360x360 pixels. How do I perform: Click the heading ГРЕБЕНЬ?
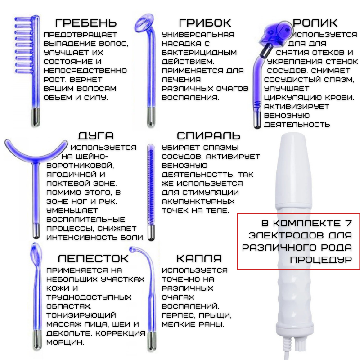pos(86,23)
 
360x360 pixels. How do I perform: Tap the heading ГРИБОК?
pos(205,23)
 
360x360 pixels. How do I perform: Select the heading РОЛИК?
pos(315,23)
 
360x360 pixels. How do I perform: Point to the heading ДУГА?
pos(95,136)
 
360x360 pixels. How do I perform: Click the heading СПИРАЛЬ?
pos(208,136)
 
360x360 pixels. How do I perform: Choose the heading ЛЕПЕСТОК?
pos(93,258)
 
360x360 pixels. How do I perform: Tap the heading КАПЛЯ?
pos(199,258)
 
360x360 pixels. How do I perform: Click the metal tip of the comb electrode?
pos(36,117)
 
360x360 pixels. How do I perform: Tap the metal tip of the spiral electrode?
pos(151,232)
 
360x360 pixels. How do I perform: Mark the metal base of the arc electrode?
pos(36,231)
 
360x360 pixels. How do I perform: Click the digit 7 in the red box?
pos(348,223)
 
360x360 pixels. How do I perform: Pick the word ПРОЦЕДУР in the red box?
pos(321,260)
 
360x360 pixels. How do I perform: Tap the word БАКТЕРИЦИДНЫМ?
pos(199,52)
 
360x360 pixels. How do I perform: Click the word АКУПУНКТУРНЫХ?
pos(198,201)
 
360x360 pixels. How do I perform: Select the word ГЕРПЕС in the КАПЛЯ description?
pos(178,315)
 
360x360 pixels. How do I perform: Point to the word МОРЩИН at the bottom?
pos(65,342)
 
